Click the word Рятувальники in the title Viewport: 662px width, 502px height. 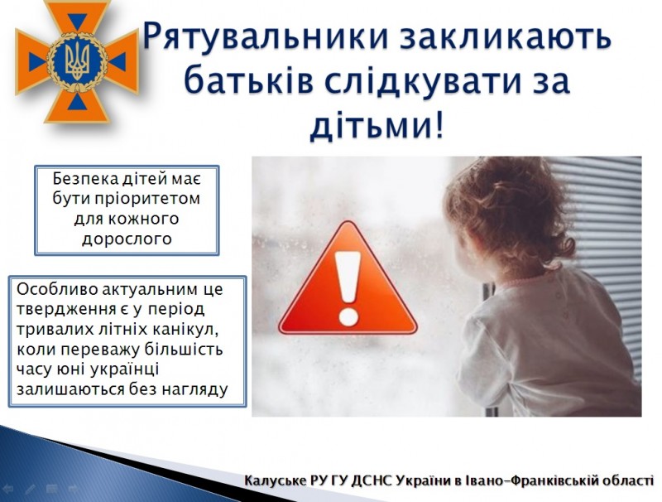266,37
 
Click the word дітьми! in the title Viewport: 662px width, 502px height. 377,125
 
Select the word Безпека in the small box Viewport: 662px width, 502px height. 85,179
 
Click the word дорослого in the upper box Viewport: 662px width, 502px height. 127,239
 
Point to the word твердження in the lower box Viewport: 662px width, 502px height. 66,310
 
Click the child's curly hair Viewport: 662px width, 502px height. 511,211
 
